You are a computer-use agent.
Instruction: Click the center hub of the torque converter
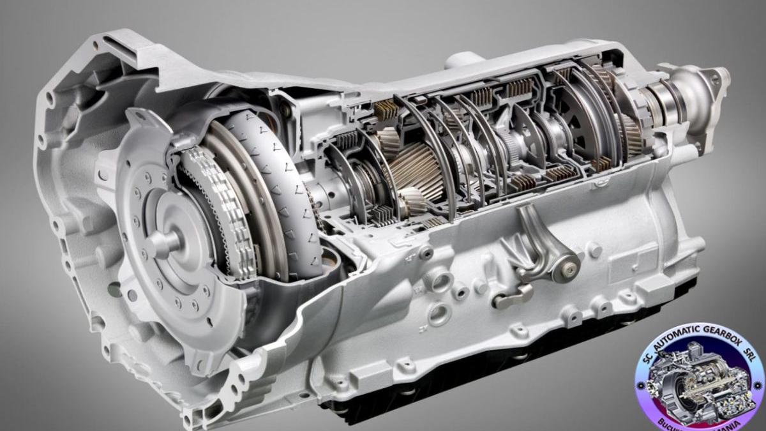[x=163, y=242]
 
